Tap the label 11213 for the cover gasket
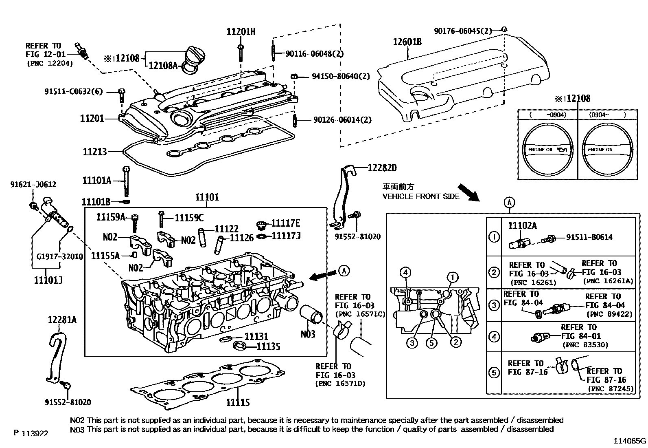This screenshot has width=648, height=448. point(95,152)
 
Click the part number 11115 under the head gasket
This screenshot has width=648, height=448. point(238,403)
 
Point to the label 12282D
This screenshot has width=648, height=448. point(382,168)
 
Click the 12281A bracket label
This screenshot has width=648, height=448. point(62,320)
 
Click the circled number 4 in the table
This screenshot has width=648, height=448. point(494,337)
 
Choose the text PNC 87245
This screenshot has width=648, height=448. point(611,389)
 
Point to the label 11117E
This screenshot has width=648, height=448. point(286,223)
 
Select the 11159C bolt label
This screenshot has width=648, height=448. point(189,218)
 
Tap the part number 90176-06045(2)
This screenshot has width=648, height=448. point(463,31)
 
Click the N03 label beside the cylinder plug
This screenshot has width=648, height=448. point(308,334)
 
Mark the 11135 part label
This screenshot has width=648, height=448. point(268,346)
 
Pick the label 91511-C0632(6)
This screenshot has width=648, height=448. point(74,92)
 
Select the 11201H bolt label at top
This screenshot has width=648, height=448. point(241,32)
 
